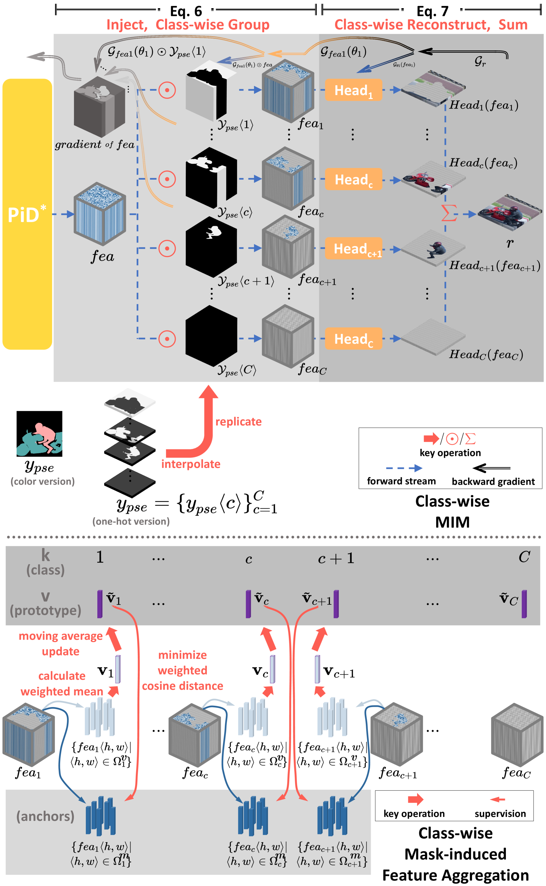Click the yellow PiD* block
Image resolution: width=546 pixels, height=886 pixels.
[x=27, y=214]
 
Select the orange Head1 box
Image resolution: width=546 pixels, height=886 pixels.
[x=353, y=89]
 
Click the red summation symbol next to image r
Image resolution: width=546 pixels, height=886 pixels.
[x=448, y=213]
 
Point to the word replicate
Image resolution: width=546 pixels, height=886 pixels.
[x=238, y=422]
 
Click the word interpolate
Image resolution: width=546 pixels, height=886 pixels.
[x=191, y=464]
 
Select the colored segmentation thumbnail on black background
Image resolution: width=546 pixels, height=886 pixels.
[x=39, y=433]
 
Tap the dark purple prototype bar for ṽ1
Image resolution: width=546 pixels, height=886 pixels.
[x=100, y=604]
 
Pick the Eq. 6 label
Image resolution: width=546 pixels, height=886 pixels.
[x=186, y=11]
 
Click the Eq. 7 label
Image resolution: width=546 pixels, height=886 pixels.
[x=432, y=11]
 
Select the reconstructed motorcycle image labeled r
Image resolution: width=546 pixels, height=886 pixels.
[x=510, y=213]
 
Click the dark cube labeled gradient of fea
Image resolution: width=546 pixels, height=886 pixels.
[x=99, y=107]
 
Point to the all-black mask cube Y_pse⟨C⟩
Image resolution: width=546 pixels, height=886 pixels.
[x=211, y=336]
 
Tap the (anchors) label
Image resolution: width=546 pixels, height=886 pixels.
[x=45, y=816]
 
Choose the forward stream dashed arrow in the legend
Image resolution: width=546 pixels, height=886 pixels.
[x=404, y=468]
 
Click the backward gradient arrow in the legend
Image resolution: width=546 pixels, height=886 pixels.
[x=491, y=468]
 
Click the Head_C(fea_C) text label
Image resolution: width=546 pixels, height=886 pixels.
[x=486, y=354]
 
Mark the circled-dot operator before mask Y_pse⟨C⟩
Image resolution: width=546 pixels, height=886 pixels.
[x=167, y=338]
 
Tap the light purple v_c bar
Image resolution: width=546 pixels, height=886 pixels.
[x=272, y=669]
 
